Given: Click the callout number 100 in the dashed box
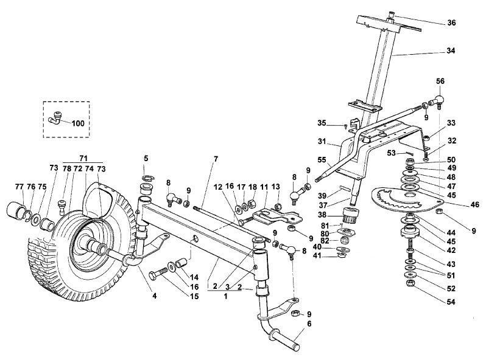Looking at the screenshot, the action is pyautogui.click(x=78, y=123).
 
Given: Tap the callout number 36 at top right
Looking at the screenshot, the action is pyautogui.click(x=451, y=23).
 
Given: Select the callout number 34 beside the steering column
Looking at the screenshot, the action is pyautogui.click(x=451, y=50).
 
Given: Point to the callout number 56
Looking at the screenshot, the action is pyautogui.click(x=440, y=81).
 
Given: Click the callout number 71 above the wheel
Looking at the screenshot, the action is pyautogui.click(x=83, y=158).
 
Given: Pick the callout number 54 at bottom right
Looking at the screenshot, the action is pyautogui.click(x=451, y=302).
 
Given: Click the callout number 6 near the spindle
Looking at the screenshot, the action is pyautogui.click(x=309, y=323).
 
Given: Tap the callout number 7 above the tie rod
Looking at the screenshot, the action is pyautogui.click(x=216, y=159).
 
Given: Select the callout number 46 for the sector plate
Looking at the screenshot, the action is pyautogui.click(x=474, y=204).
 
